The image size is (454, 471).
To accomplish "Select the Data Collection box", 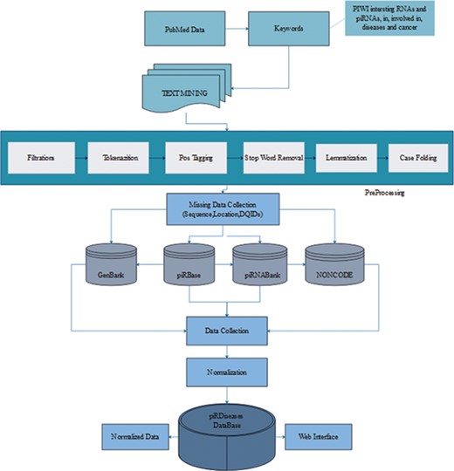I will point(227,331).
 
